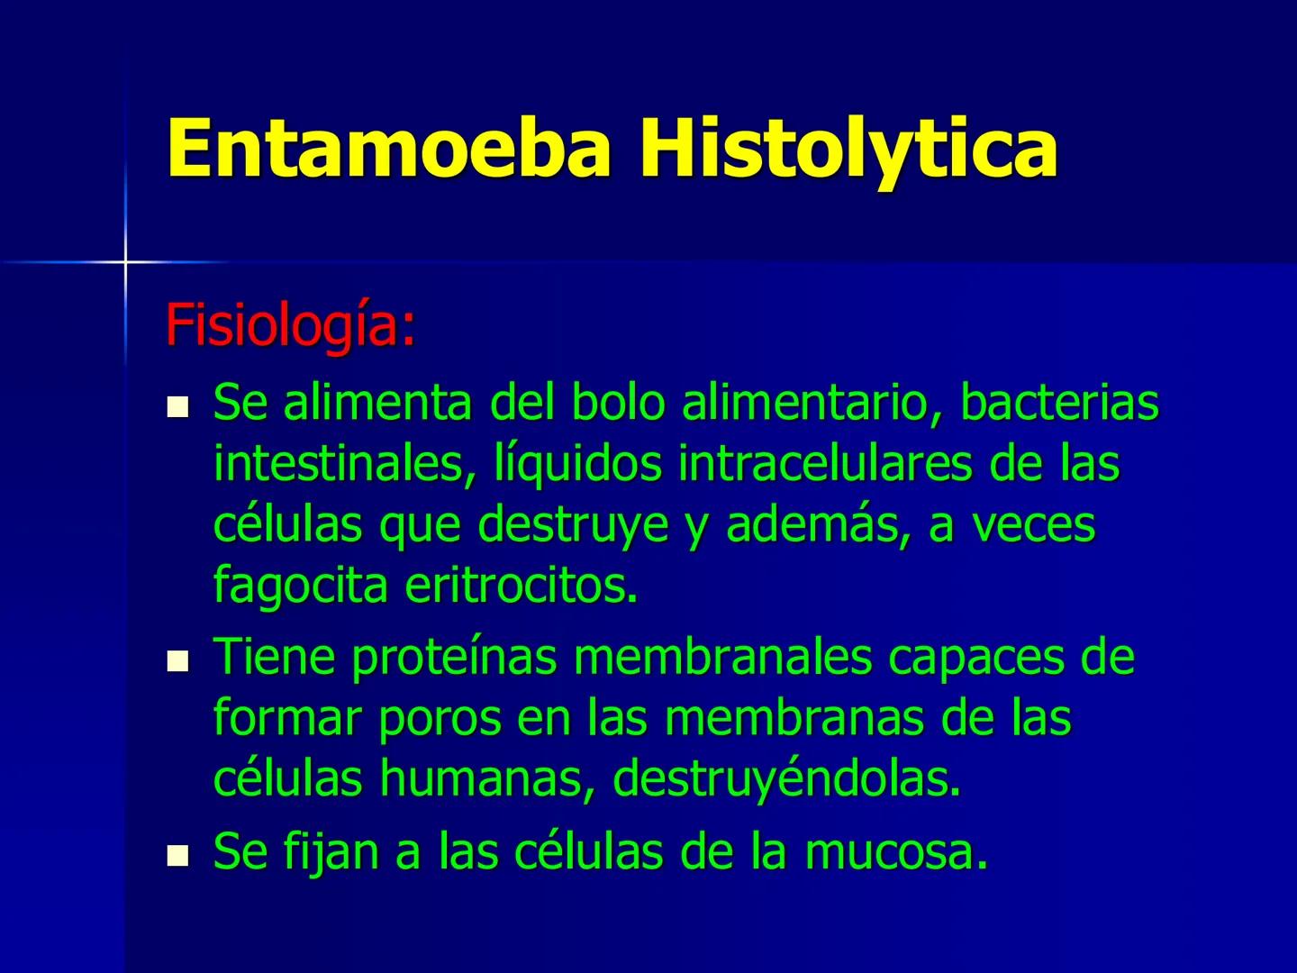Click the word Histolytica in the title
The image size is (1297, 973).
click(x=848, y=149)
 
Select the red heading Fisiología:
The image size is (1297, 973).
click(x=290, y=326)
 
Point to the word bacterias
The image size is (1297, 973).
click(x=1058, y=403)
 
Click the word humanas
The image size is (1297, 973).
click(x=487, y=779)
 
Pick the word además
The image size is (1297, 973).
click(x=815, y=525)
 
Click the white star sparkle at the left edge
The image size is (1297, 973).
click(x=125, y=261)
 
